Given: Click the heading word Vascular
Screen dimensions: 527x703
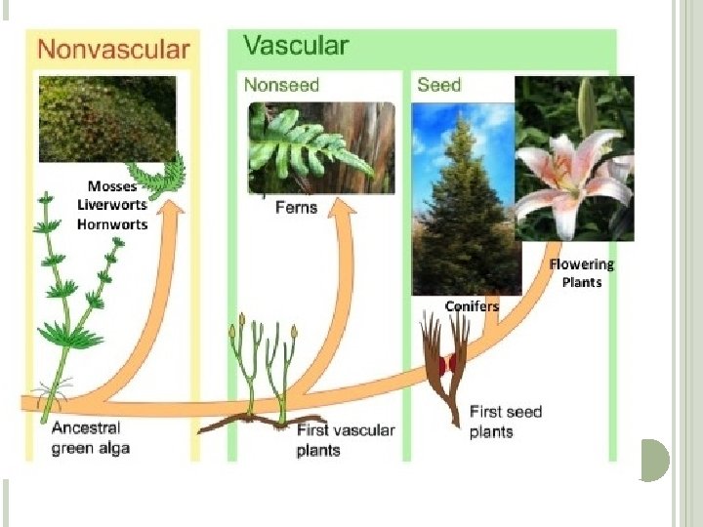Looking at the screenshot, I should [x=295, y=46].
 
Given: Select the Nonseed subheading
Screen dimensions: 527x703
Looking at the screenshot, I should [x=281, y=85].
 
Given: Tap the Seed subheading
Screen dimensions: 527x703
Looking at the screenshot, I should [x=438, y=85].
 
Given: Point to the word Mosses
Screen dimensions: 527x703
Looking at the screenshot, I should [x=112, y=186].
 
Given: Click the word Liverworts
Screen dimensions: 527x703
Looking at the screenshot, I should [x=112, y=205].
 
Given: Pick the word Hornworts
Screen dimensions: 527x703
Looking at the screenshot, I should [x=112, y=224].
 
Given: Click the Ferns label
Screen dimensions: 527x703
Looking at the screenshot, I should [x=296, y=207].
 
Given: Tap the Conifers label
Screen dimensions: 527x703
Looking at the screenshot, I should [x=472, y=306].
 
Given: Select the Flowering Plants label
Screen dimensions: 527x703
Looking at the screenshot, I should [x=582, y=273].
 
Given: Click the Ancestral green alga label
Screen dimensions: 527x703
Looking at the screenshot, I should [x=91, y=438].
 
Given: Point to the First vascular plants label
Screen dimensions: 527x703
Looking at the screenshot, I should [x=345, y=440].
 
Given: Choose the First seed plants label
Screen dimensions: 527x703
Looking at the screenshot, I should [x=505, y=422].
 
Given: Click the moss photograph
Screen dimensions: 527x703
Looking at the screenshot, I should [x=107, y=119].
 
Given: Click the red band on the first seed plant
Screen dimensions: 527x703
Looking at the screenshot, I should [x=449, y=366].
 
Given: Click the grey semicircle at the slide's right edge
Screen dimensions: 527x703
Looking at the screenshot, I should [x=656, y=460].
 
